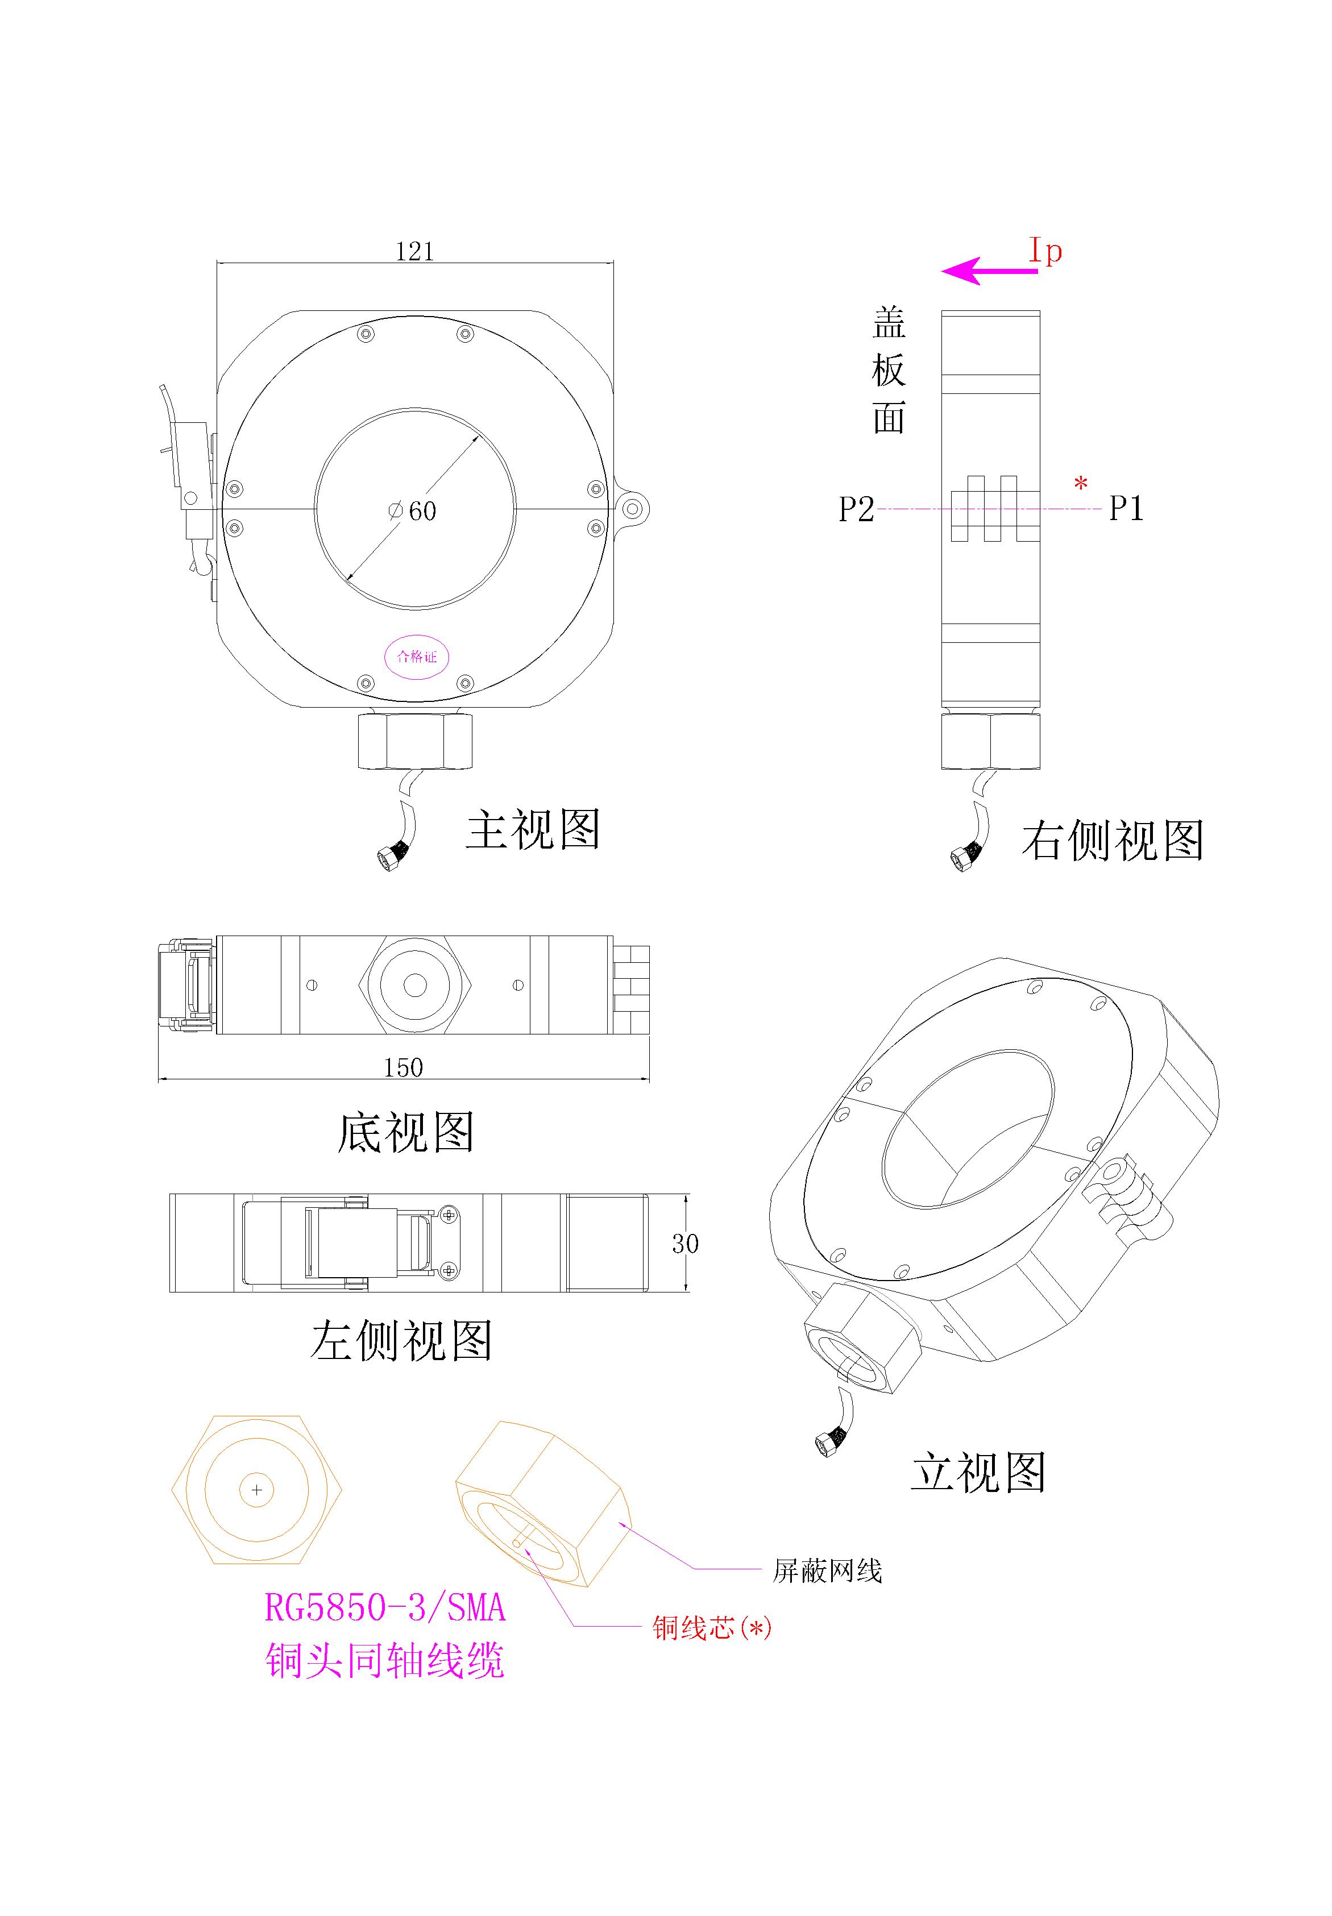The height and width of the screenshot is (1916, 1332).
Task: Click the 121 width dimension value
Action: point(415,250)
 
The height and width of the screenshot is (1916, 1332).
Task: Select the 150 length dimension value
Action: point(403,1067)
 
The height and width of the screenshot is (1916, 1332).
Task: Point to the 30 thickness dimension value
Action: point(685,1244)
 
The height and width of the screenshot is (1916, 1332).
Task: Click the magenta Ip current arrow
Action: point(989,271)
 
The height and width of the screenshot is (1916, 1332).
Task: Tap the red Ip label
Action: point(1045,250)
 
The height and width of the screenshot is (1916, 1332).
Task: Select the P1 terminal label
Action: point(1126,508)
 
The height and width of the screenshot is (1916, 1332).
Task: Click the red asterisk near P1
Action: point(1081,483)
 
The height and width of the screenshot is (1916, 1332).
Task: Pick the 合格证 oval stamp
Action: point(417,656)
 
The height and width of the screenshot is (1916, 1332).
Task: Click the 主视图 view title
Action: point(533,829)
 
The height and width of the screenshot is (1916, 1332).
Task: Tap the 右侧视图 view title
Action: point(1113,839)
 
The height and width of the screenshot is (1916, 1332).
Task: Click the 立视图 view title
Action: point(978,1472)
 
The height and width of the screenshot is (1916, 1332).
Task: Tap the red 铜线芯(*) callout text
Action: point(712,1627)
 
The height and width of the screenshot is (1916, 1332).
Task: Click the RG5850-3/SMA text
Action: point(385,1608)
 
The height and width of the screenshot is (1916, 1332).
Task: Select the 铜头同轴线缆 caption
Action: point(385,1661)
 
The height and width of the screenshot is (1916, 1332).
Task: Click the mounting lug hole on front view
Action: point(633,509)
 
